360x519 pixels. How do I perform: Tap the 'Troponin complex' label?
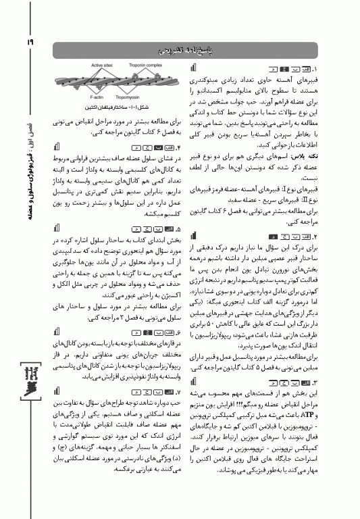point(145,67)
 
